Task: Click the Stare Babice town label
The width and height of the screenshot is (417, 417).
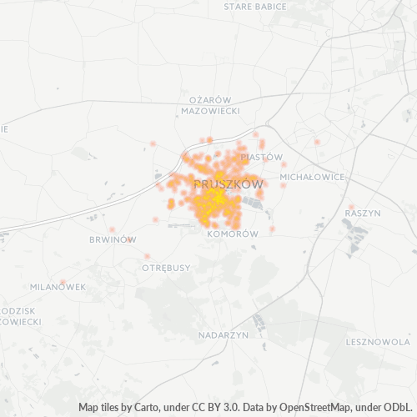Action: pyautogui.click(x=255, y=7)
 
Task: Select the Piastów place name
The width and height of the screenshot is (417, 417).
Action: pyautogui.click(x=261, y=157)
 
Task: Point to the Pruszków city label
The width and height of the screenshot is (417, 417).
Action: pyautogui.click(x=228, y=183)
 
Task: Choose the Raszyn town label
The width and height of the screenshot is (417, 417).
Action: pyautogui.click(x=362, y=214)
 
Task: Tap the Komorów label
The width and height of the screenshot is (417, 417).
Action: pyautogui.click(x=232, y=235)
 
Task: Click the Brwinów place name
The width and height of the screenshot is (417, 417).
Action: pyautogui.click(x=112, y=239)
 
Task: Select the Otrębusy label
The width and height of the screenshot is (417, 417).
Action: pyautogui.click(x=166, y=268)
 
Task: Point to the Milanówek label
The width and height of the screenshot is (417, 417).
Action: pyautogui.click(x=58, y=287)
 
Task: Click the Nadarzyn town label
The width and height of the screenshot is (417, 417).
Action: pyautogui.click(x=224, y=334)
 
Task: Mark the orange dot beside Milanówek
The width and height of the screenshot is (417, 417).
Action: pyautogui.click(x=63, y=282)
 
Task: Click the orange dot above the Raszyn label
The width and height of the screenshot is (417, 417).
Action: pyautogui.click(x=352, y=206)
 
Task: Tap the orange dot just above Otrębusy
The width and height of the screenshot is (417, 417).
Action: pyautogui.click(x=147, y=256)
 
